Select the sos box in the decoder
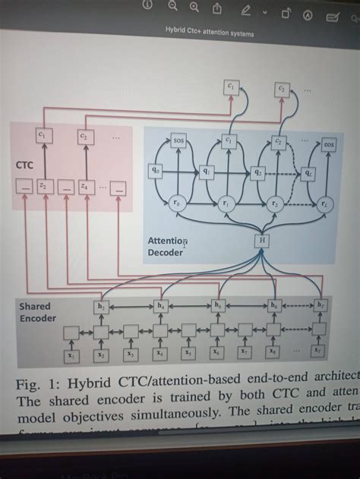click(179, 141)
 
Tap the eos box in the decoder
click(329, 143)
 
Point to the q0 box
click(156, 171)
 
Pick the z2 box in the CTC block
click(43, 185)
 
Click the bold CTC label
click(24, 164)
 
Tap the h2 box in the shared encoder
click(102, 306)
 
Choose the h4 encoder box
click(161, 306)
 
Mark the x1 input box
click(71, 354)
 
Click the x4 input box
click(159, 353)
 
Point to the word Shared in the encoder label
click(35, 306)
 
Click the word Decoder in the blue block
click(165, 253)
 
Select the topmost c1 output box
click(230, 87)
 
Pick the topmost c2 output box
click(281, 89)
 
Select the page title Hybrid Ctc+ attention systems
click(210, 33)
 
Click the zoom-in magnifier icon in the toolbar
click(194, 8)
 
